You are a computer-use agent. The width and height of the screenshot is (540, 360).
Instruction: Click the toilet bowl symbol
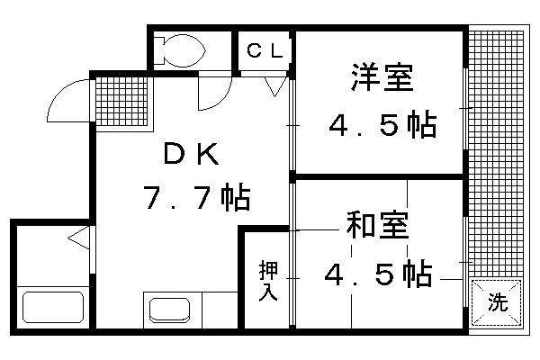[184, 50]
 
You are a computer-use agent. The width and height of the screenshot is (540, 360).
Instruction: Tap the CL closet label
[265, 51]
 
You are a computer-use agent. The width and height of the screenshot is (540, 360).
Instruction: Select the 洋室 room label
[382, 77]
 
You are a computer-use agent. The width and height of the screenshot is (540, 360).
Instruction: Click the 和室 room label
[377, 225]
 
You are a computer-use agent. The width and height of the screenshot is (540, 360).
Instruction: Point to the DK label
[191, 154]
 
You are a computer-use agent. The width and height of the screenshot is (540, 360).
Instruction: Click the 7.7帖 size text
[196, 197]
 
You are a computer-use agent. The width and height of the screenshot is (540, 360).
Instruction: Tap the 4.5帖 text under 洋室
[382, 125]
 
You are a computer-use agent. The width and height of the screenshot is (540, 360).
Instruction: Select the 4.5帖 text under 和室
[378, 274]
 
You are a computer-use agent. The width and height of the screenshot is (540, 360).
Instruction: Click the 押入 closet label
[268, 281]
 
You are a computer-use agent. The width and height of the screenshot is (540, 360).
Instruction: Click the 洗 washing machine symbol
[496, 302]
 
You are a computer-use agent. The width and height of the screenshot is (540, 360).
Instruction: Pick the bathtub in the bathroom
[53, 307]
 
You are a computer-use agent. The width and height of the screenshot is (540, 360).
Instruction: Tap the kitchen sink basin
[169, 310]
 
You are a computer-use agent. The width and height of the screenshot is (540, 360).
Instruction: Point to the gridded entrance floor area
[124, 102]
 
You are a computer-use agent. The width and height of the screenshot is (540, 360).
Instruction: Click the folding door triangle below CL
[275, 86]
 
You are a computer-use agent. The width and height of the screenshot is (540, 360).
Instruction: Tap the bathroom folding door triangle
[79, 238]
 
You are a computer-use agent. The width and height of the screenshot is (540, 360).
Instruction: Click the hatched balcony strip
[496, 154]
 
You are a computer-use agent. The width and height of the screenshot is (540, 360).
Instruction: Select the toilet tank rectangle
[158, 50]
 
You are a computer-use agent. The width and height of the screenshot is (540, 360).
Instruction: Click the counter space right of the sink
[220, 310]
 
